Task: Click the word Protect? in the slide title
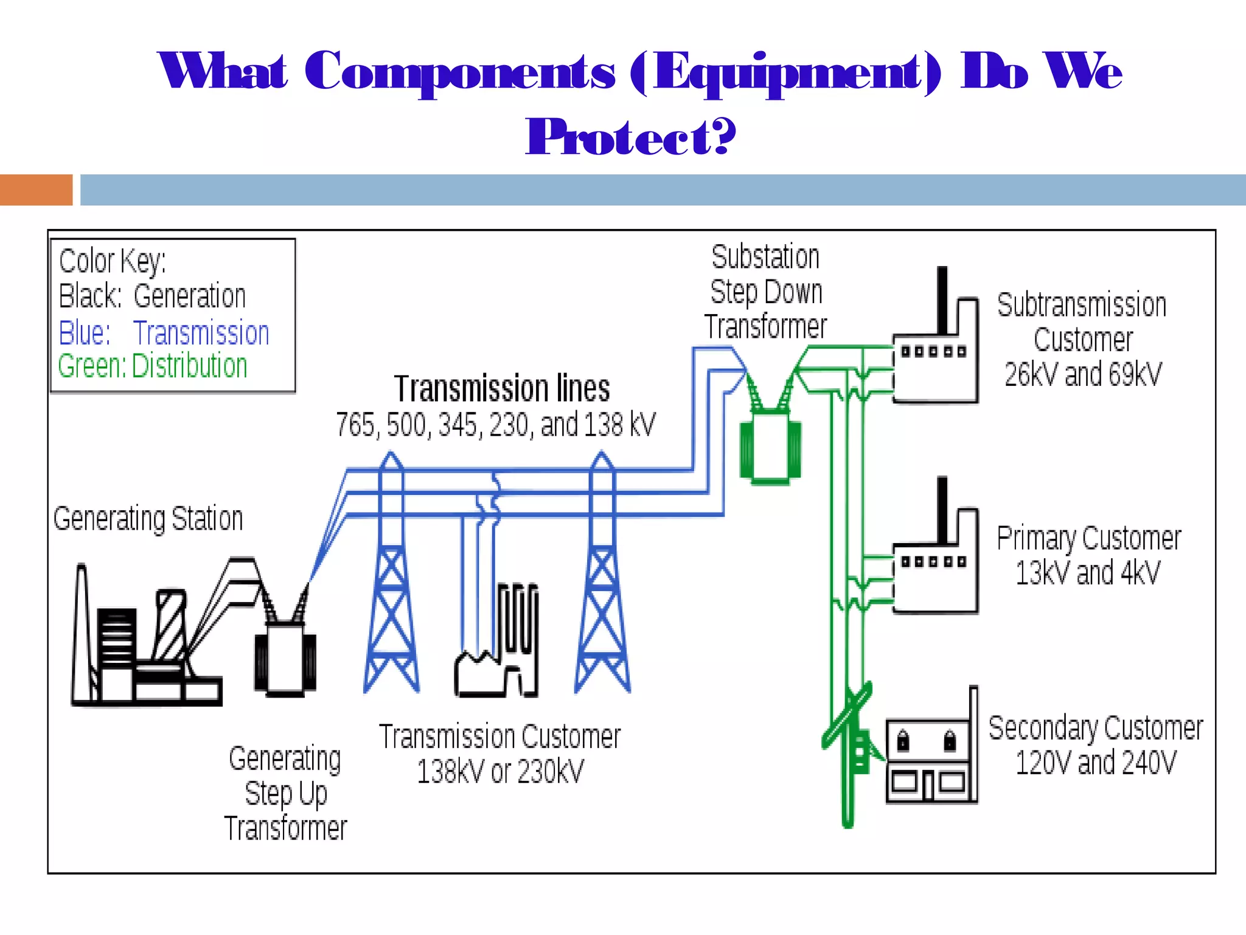pos(630,138)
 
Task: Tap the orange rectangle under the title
pos(36,190)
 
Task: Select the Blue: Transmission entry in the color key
pos(164,333)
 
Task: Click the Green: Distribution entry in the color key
pos(153,366)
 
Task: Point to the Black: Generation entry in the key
pos(152,296)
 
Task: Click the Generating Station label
pos(148,519)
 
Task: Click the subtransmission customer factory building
pos(936,365)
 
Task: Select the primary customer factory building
pos(936,575)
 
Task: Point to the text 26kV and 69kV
pos(1083,374)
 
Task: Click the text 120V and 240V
pos(1096,763)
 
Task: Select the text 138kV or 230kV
pos(500,772)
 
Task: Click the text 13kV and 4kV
pos(1088,573)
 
